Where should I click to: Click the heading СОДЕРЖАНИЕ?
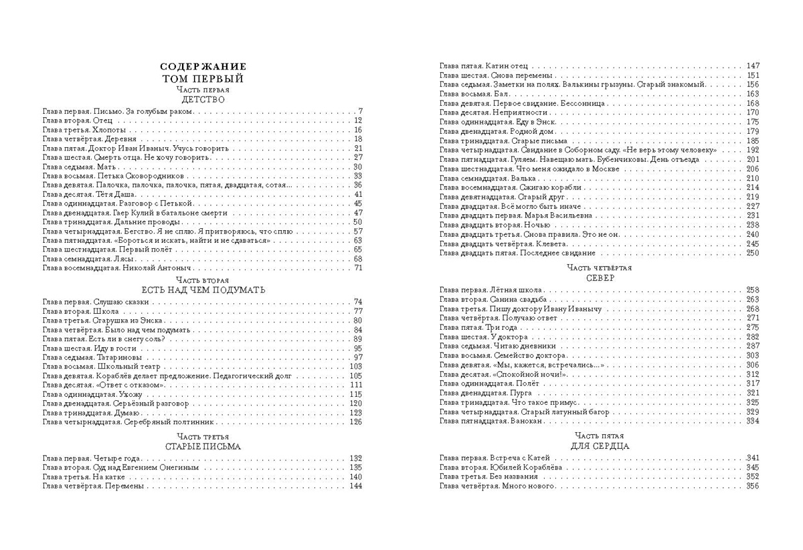pos(203,66)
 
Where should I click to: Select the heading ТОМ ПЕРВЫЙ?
pos(203,78)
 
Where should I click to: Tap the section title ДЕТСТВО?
pos(203,99)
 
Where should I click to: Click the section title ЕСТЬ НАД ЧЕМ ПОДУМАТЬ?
pos(203,290)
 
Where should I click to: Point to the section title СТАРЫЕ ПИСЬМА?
pos(203,446)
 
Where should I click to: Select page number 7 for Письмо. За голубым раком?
pos(359,111)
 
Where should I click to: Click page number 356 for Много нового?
pos(753,486)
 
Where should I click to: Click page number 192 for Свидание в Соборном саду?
pos(753,151)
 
